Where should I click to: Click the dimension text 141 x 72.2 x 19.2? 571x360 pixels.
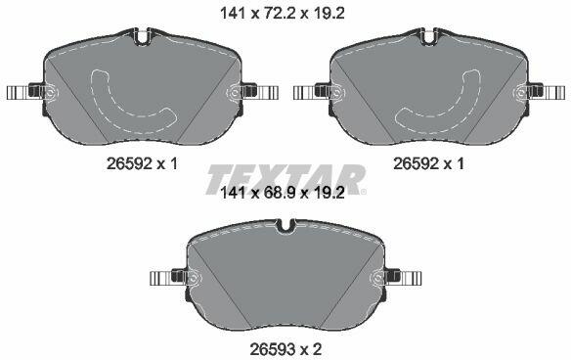(283, 14)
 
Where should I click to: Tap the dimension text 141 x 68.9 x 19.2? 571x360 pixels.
(283, 193)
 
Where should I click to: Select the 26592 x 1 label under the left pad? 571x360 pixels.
(142, 164)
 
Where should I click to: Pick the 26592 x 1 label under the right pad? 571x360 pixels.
(428, 164)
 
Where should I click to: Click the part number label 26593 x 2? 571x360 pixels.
(285, 350)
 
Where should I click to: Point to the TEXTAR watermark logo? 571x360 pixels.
(286, 179)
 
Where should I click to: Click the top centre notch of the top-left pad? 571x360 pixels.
(142, 37)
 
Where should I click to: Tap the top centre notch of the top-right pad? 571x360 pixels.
(428, 37)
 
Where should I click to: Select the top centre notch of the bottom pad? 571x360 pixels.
(285, 226)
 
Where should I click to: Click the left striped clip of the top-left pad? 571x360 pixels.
(18, 92)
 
